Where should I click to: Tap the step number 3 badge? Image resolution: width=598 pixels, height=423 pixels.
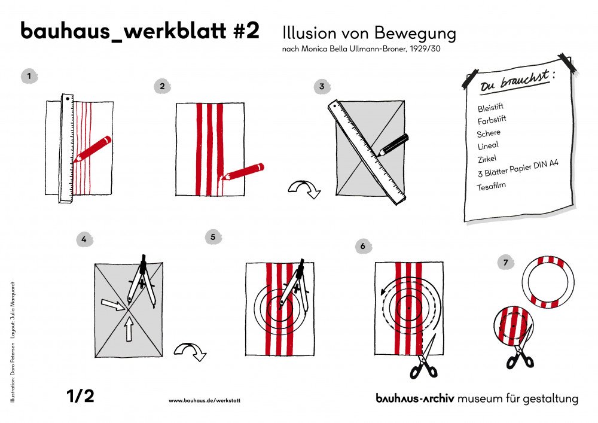[322, 86]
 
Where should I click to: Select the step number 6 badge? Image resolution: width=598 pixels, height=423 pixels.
[363, 246]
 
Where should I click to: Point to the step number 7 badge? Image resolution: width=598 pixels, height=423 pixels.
[505, 263]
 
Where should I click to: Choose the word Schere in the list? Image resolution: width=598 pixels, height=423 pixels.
[489, 133]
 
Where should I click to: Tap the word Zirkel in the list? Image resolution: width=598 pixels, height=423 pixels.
[487, 159]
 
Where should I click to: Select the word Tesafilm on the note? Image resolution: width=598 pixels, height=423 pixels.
[492, 187]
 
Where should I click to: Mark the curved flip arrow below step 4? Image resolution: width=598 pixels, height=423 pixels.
[190, 351]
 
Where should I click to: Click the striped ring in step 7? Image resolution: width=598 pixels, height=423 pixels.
[548, 282]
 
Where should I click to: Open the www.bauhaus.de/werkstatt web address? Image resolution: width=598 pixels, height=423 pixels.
[205, 400]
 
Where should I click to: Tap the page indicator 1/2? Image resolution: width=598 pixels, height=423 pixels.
[80, 396]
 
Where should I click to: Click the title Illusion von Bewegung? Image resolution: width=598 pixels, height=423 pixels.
[368, 34]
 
